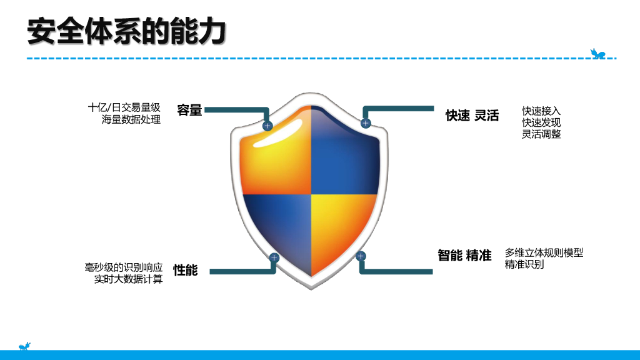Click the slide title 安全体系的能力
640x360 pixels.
coord(126,31)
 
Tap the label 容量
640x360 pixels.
coord(189,111)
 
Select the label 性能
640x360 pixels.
coord(186,270)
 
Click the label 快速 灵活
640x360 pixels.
coord(472,116)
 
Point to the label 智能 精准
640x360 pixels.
coord(464,255)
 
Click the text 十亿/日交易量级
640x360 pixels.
coord(124,107)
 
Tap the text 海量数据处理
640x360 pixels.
coord(131,119)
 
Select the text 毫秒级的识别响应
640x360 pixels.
coord(124,267)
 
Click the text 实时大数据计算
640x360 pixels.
coord(124,279)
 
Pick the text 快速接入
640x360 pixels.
coord(541,111)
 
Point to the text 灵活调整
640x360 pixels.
coord(541,134)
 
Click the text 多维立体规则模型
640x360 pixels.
coord(544,252)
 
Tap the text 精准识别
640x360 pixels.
coord(524,264)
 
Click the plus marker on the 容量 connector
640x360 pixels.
coord(267,126)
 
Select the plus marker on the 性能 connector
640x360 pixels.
coord(274,257)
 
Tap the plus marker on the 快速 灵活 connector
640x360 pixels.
coord(366,123)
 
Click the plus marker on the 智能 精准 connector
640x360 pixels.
coord(361,256)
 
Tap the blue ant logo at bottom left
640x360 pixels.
coord(25,346)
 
